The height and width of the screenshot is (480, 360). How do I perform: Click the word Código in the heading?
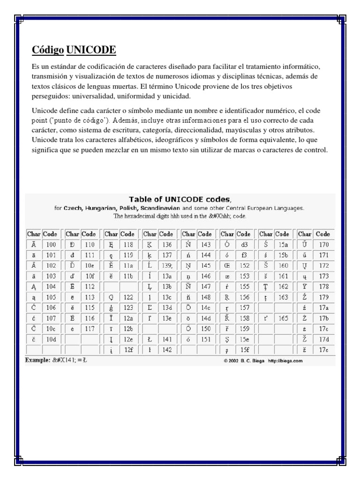[x=48, y=50]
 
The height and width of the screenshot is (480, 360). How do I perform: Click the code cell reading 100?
[x=51, y=244]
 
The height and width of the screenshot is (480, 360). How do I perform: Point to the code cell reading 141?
[x=167, y=339]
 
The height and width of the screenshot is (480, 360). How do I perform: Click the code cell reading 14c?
[x=206, y=308]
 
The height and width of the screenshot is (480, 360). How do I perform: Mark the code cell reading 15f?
[x=244, y=350]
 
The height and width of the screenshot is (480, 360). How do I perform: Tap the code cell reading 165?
[x=283, y=318]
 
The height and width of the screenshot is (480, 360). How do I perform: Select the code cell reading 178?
[x=323, y=286]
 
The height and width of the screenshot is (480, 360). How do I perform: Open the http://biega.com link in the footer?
[x=285, y=360]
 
